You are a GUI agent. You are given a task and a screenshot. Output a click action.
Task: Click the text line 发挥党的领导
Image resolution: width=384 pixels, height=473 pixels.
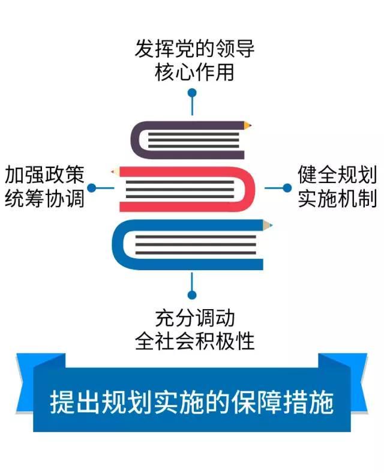(x=194, y=48)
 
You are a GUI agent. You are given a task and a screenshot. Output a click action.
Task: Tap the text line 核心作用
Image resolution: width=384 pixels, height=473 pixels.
(x=194, y=72)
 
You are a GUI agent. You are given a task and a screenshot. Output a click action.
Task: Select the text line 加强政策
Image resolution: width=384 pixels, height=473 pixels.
(x=44, y=175)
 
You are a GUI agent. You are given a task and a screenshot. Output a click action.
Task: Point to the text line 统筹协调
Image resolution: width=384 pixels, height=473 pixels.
(x=44, y=199)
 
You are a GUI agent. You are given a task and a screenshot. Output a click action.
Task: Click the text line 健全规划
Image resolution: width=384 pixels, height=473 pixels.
(x=337, y=175)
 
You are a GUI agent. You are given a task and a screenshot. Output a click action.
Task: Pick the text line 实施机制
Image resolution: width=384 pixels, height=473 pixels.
(x=337, y=199)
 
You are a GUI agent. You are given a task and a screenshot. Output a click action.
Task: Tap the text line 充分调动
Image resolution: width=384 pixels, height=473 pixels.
(x=195, y=318)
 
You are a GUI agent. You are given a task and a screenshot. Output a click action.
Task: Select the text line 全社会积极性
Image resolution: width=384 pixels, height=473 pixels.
(x=195, y=341)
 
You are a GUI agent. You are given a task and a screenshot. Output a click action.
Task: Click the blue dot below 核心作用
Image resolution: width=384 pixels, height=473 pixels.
(x=192, y=92)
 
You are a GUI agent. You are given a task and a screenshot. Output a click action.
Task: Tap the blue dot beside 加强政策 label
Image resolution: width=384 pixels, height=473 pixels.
(x=91, y=188)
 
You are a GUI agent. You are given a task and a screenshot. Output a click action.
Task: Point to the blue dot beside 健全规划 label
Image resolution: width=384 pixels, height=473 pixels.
(x=287, y=188)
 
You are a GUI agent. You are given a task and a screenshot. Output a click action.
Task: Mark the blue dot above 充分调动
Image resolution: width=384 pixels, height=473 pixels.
(x=192, y=295)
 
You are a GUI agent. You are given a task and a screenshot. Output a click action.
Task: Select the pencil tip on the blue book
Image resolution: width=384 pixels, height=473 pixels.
(x=268, y=225)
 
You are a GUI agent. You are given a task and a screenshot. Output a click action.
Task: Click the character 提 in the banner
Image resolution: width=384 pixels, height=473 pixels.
(x=62, y=402)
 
